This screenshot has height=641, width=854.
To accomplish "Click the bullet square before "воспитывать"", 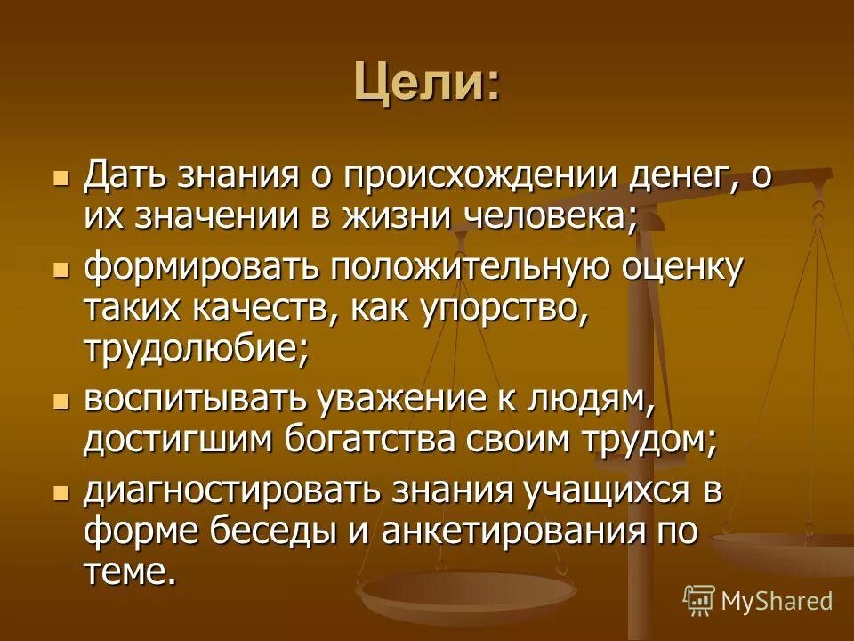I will [x=61, y=402].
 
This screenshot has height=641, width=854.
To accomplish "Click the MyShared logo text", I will [x=777, y=601].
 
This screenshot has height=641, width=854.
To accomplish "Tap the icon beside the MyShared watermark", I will [x=699, y=600].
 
